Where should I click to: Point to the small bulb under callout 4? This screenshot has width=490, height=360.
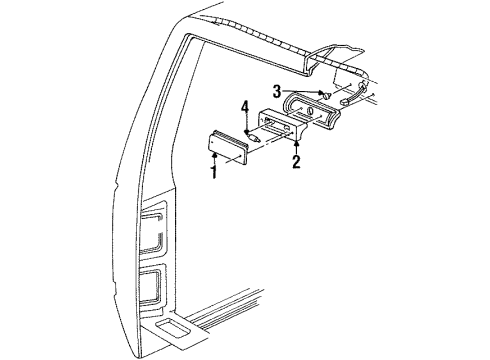coord(257,136)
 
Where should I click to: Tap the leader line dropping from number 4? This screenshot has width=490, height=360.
coord(246,122)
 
